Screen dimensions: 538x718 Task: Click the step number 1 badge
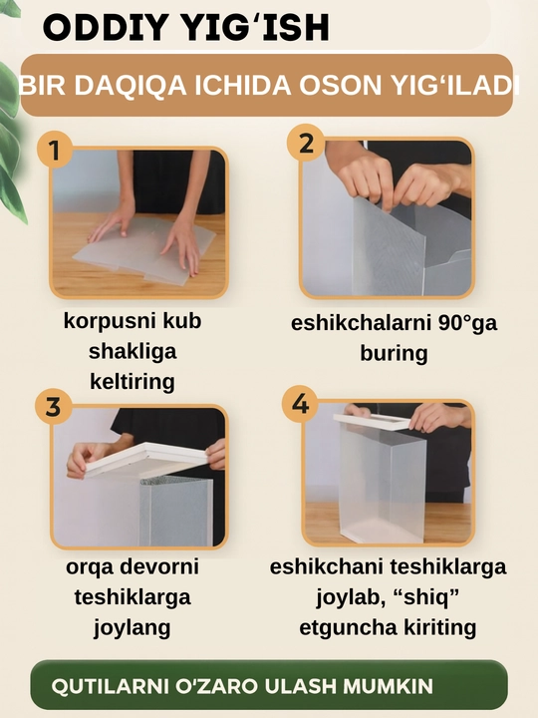click(55, 150)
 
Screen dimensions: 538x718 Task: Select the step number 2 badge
click(306, 143)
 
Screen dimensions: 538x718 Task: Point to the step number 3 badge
click(54, 407)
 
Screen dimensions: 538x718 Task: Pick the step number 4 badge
click(300, 404)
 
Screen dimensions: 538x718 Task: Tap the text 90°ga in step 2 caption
click(467, 323)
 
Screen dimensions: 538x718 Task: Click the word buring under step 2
click(394, 353)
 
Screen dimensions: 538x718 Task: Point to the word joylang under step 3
click(133, 628)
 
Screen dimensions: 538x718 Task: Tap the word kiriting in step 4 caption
click(439, 627)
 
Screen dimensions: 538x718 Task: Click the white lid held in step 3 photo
click(146, 460)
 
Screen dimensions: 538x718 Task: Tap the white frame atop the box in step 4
click(372, 421)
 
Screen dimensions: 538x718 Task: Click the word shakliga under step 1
click(133, 352)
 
